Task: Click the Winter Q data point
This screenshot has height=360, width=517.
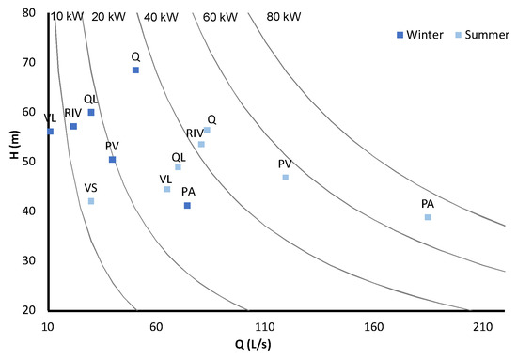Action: (x=135, y=70)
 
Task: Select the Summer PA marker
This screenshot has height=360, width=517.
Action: (x=428, y=217)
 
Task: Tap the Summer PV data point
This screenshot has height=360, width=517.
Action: (x=286, y=178)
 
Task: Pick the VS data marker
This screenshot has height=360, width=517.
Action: (x=91, y=201)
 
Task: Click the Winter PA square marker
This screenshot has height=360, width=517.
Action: (x=187, y=206)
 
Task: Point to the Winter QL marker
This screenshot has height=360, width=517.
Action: (x=91, y=113)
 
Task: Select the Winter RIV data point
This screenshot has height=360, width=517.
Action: (x=73, y=126)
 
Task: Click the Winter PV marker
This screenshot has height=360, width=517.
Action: (x=113, y=160)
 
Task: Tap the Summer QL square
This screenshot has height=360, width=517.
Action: (x=178, y=167)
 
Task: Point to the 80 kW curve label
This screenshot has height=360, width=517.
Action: (x=284, y=17)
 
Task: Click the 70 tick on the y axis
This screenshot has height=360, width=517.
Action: (x=32, y=63)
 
